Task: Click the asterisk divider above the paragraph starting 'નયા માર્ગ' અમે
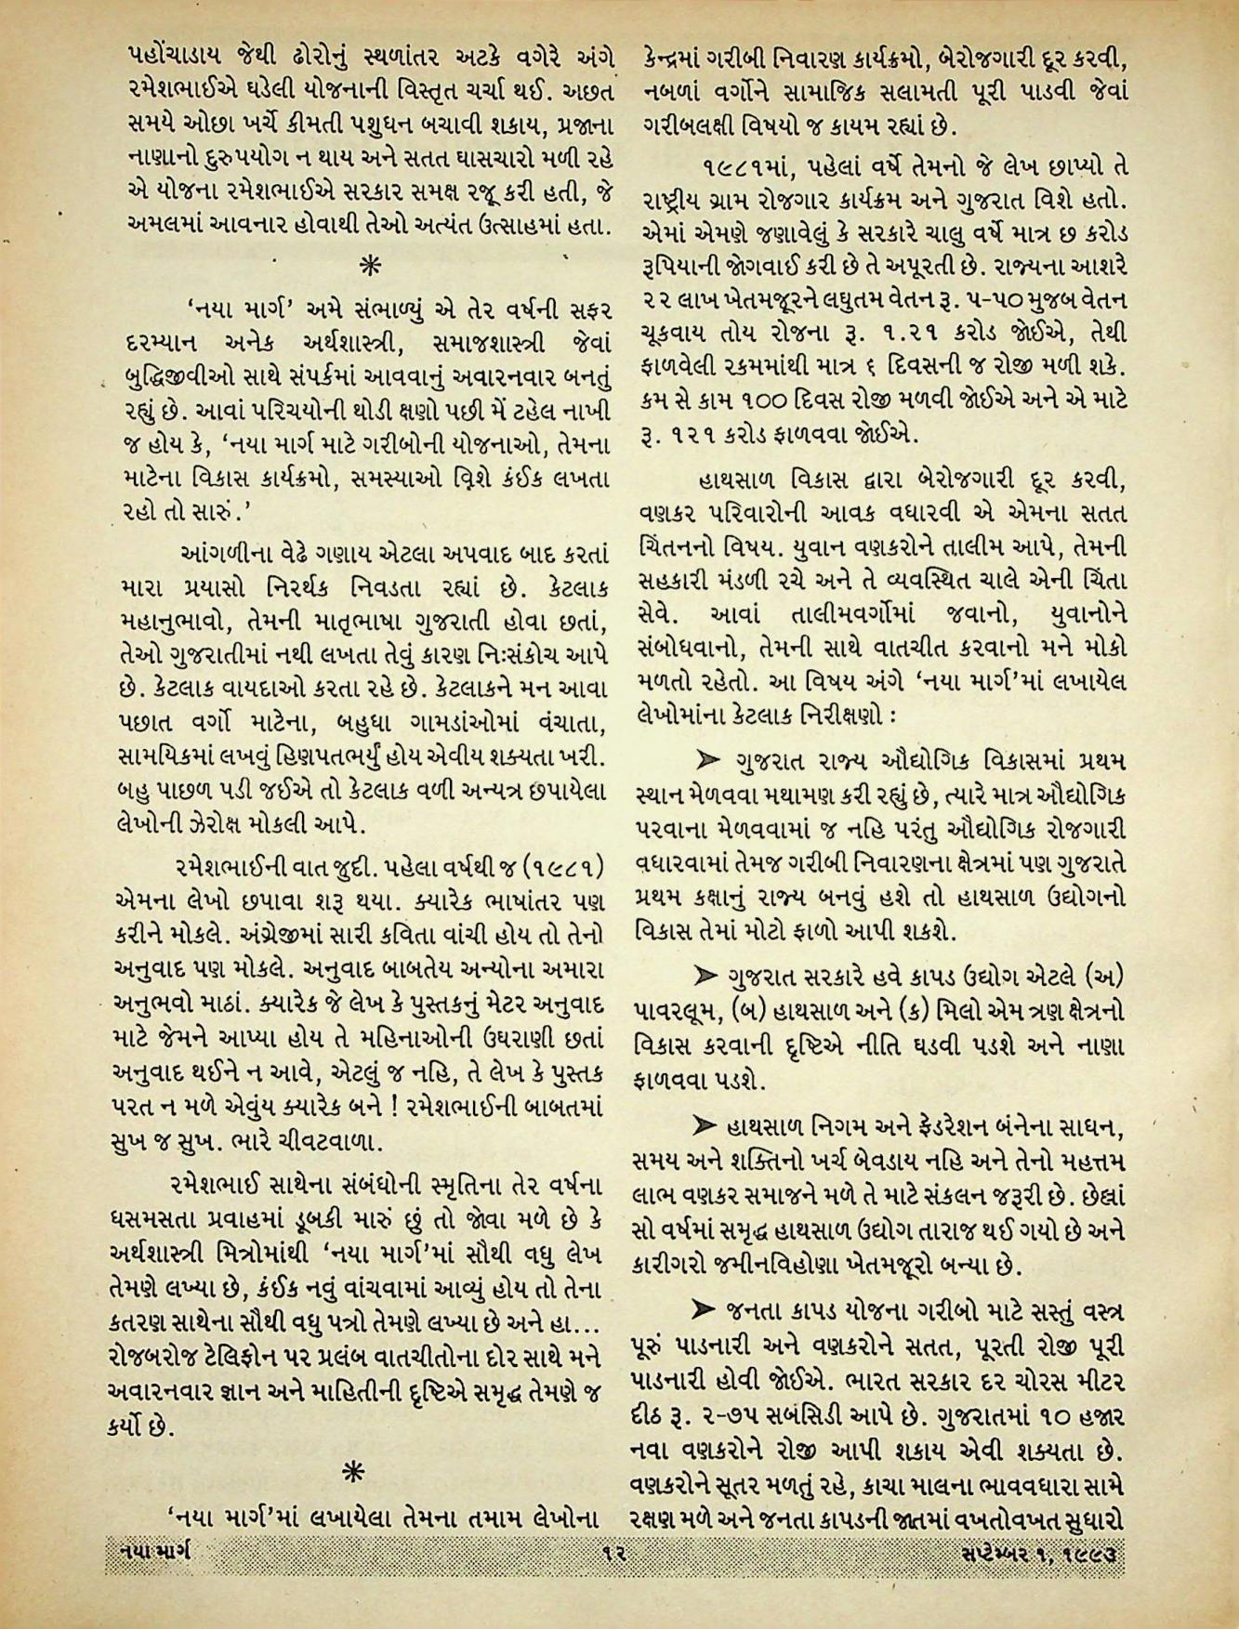[370, 266]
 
